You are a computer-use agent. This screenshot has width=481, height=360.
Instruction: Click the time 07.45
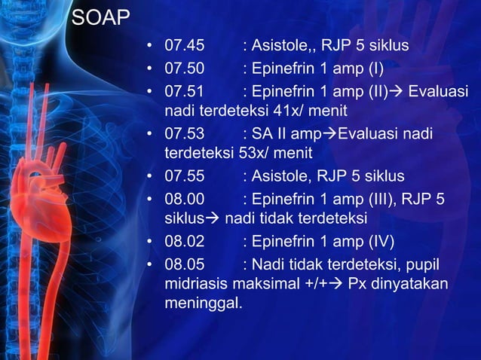[x=185, y=47]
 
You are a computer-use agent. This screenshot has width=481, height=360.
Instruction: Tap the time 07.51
[x=185, y=91]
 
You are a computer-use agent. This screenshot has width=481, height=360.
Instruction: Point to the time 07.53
[x=185, y=134]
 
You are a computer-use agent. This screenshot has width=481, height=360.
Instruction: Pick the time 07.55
[x=185, y=177]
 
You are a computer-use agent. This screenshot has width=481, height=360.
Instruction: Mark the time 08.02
[x=185, y=242]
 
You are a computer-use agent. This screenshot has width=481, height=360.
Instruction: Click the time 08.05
[x=185, y=264]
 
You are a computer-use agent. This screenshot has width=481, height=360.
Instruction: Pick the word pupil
[x=422, y=264]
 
